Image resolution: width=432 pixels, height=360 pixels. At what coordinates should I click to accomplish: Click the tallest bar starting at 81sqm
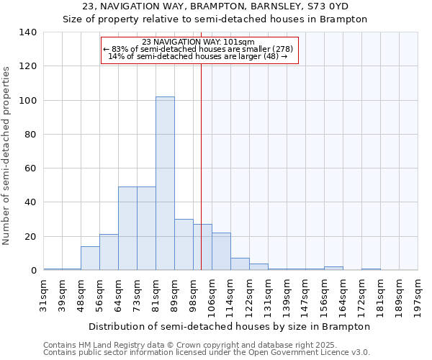point(165,184)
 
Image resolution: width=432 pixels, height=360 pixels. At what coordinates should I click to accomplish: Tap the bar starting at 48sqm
point(90,258)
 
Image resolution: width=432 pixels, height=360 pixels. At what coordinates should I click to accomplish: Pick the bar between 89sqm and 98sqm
point(184,245)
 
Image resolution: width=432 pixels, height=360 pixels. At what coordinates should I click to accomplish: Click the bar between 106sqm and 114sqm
point(221,251)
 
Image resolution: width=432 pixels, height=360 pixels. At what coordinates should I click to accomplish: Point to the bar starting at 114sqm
point(240,264)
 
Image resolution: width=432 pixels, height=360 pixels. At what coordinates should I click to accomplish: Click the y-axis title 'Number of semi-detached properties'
point(6,155)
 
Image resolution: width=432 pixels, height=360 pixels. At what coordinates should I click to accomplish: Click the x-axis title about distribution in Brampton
point(230,326)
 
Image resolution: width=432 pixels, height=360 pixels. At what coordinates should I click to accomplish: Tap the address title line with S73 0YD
point(215,6)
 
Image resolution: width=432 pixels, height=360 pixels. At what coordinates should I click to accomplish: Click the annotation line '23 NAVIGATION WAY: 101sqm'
point(199,42)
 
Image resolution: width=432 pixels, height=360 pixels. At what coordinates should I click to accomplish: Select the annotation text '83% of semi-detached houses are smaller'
point(199,49)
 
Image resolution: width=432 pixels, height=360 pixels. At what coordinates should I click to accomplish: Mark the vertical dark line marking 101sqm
point(201,166)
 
